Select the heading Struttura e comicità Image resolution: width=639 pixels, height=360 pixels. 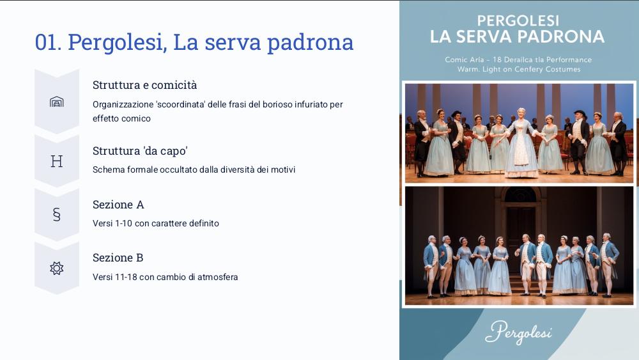click(144, 85)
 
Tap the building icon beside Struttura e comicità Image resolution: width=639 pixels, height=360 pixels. click(57, 102)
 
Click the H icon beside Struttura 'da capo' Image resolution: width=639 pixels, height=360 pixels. click(57, 161)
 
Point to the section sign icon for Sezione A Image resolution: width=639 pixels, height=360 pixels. click(57, 214)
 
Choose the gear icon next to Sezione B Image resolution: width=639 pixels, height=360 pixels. click(57, 269)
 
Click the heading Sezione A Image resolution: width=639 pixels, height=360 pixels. click(118, 204)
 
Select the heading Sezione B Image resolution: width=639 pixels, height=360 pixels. click(118, 258)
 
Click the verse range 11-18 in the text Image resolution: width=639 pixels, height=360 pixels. click(126, 277)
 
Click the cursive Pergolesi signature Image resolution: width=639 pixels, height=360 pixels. click(518, 333)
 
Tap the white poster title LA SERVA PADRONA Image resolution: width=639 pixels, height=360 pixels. click(517, 36)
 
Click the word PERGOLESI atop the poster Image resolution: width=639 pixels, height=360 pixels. click(518, 20)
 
